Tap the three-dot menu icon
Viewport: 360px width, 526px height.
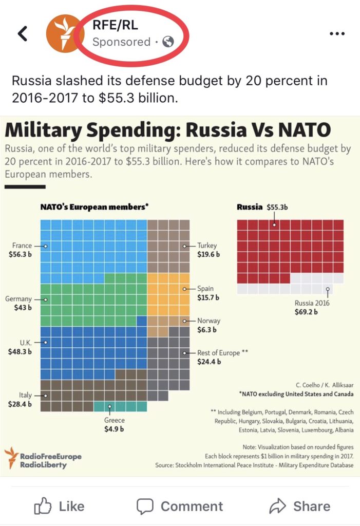(x=336, y=34)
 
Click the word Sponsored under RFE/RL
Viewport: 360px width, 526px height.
(x=121, y=42)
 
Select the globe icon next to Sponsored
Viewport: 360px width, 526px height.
(x=167, y=42)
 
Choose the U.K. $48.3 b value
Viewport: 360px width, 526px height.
(x=20, y=352)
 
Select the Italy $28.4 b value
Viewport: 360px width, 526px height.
(x=21, y=404)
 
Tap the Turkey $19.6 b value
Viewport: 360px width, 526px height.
(x=209, y=254)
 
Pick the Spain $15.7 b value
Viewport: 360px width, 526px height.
(x=209, y=297)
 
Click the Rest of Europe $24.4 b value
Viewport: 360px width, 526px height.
(x=209, y=362)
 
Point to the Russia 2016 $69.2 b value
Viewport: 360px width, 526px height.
(x=306, y=311)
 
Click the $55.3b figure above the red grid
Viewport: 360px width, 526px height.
(x=277, y=208)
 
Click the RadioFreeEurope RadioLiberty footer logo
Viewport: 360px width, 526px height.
(x=43, y=457)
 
